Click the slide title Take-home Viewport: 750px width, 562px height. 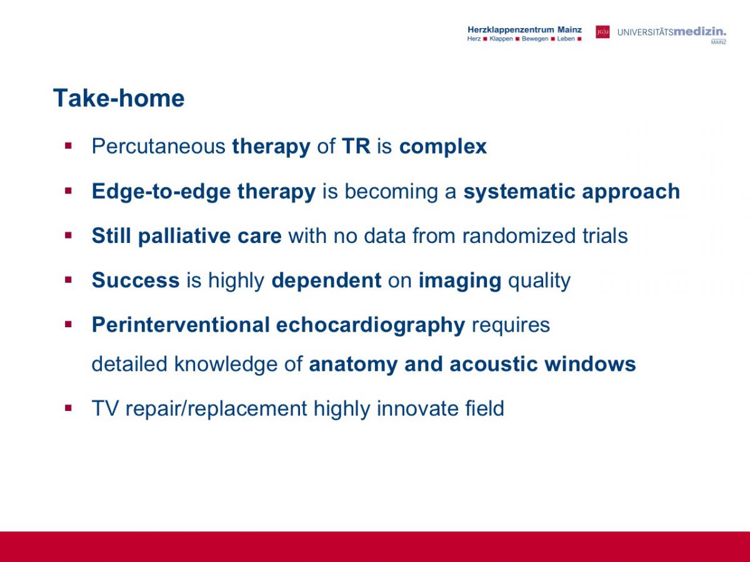point(119,98)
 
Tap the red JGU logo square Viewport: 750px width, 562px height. point(602,32)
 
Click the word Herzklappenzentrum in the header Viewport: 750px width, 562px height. point(511,30)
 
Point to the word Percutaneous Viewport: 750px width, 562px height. point(159,146)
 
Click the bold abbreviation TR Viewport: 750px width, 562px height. point(356,146)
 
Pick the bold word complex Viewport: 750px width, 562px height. point(443,147)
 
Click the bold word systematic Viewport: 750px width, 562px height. point(519,192)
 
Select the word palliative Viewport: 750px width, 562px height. point(184,236)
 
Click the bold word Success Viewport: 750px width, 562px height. point(136,280)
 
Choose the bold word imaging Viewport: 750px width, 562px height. point(460,281)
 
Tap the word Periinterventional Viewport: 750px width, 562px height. point(181,325)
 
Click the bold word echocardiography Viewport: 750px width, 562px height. point(371,325)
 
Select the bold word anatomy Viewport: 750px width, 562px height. point(353,365)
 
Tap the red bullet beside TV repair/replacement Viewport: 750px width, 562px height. point(68,408)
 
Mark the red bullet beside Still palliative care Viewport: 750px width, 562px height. point(68,235)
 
